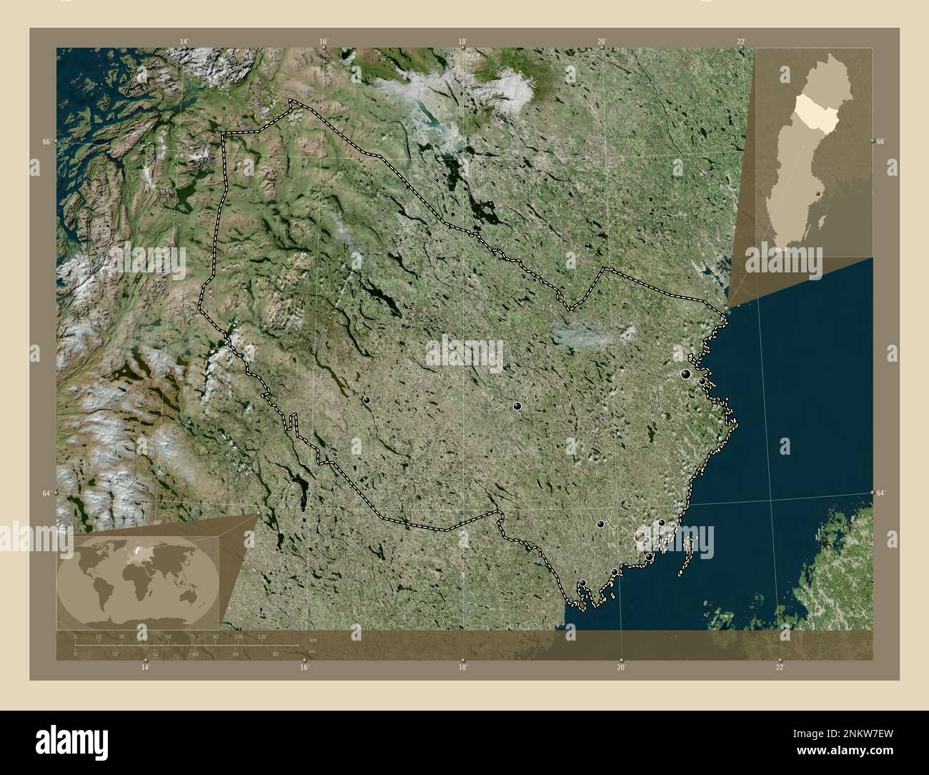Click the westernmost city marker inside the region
click(367, 401)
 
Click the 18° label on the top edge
click(463, 42)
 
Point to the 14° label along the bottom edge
click(146, 667)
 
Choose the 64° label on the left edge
click(46, 493)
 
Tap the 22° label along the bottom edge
click(780, 667)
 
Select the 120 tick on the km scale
click(262, 636)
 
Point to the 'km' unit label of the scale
click(312, 638)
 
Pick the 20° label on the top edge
click(602, 42)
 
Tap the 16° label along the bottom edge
click(304, 667)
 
